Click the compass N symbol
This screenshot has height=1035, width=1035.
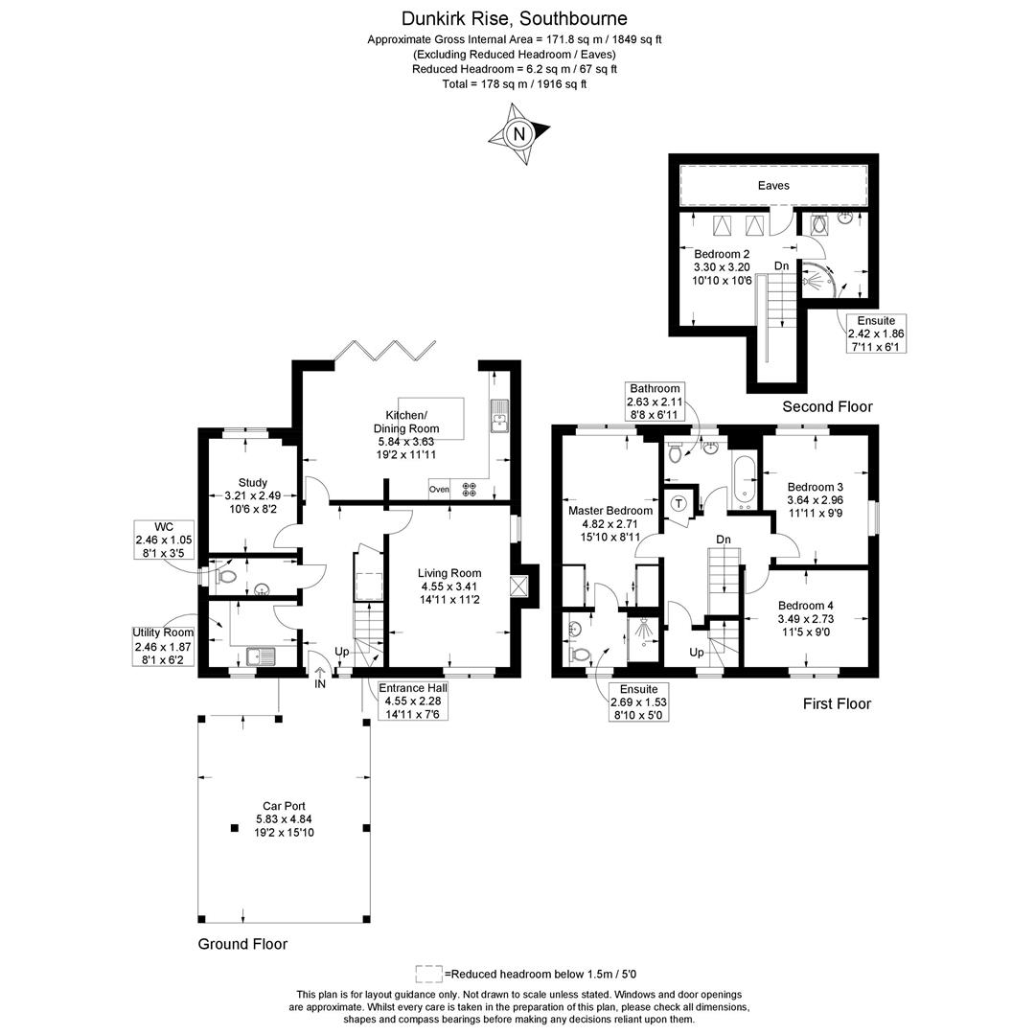pos(519,134)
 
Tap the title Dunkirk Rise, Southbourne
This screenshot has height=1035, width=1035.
pos(515,18)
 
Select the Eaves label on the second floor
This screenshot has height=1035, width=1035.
pos(773,185)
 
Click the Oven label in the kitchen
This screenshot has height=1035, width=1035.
pos(439,489)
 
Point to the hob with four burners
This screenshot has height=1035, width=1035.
pos(470,489)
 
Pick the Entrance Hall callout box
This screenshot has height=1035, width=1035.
pos(413,701)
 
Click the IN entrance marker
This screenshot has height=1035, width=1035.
pos(320,683)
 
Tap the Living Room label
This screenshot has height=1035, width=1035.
pos(449,586)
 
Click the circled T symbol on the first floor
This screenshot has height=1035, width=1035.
pos(679,503)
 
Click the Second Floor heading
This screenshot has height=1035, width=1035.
pos(827,406)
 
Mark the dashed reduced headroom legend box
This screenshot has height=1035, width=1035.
pos(428,974)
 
